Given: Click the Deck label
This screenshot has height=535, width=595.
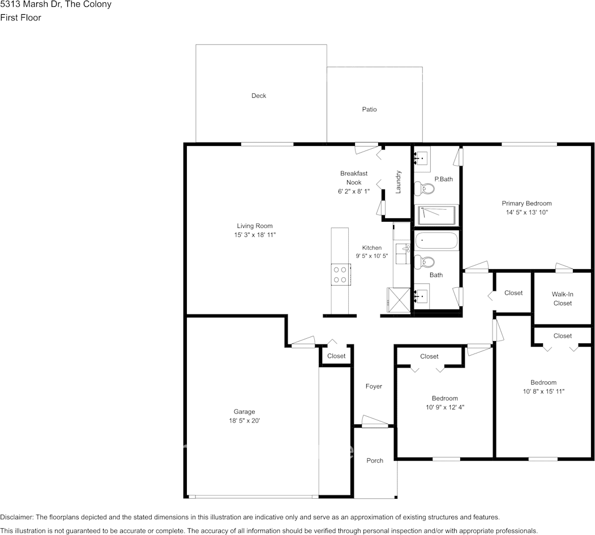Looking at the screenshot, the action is click(x=259, y=96).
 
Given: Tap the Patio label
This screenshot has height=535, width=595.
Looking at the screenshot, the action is click(x=369, y=110).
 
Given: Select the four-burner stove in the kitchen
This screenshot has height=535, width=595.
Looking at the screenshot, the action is click(x=340, y=274).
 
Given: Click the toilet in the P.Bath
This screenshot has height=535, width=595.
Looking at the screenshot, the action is click(x=424, y=188).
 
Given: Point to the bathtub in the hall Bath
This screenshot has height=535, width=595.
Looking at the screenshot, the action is click(x=436, y=240).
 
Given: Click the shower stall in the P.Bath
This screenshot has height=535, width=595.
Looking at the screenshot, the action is click(x=436, y=215).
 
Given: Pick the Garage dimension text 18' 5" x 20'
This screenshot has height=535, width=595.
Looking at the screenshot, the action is click(x=245, y=421).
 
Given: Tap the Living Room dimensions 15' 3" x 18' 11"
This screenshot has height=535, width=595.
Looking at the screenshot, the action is click(x=255, y=235).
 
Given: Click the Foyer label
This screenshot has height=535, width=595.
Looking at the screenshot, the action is click(x=374, y=386).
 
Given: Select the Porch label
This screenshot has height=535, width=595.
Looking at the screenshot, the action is click(x=375, y=461).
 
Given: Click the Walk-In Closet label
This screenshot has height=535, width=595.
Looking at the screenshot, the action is click(x=562, y=299).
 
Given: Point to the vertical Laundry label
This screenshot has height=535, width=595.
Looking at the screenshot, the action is click(x=398, y=182).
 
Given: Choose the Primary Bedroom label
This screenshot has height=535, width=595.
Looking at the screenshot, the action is click(x=526, y=204).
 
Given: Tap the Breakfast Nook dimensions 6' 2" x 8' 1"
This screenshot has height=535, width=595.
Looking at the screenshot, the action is click(x=354, y=192).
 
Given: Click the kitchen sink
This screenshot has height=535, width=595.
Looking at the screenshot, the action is click(x=403, y=254).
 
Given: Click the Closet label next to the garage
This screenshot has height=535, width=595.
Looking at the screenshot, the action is click(x=336, y=356).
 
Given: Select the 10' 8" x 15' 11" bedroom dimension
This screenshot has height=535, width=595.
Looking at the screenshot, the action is click(x=544, y=392).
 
